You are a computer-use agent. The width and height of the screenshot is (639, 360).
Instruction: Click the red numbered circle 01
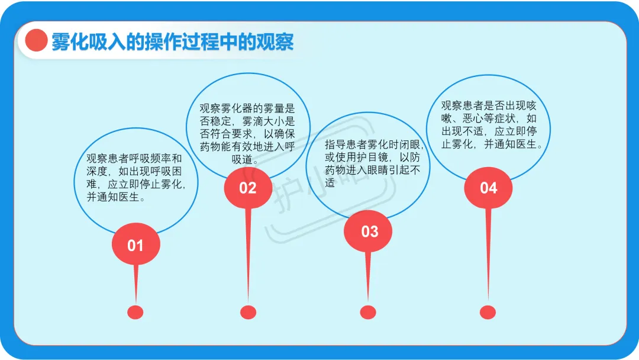pos(135,244)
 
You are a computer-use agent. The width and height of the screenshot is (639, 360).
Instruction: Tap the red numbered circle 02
pos(248,188)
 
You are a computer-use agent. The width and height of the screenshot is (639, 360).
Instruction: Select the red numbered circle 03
pos(368,231)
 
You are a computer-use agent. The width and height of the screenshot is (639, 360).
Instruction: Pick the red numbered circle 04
pos(488,188)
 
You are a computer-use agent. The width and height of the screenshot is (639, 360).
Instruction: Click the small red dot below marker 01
pos(135,312)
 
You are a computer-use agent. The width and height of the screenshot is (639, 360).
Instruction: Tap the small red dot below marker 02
pos(248,312)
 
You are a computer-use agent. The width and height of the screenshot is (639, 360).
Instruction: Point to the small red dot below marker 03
pos(368,312)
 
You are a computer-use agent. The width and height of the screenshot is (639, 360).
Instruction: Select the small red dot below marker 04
pos(488,312)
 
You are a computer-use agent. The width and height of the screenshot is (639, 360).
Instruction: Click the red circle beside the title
pos(36,40)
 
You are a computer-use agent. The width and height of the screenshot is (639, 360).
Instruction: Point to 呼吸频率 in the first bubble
pos(150,158)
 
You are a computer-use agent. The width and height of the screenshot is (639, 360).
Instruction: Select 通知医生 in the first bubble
pos(118,197)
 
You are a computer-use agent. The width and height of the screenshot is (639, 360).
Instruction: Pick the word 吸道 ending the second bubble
pos(242,159)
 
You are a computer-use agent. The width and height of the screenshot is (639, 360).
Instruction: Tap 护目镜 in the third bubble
pos(373,157)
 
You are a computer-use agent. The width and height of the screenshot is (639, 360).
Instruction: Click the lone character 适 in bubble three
pos(330,182)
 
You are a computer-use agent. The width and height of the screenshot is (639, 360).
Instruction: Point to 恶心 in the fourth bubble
pos(473,118)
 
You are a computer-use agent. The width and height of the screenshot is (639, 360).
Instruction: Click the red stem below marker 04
pos(488,255)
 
